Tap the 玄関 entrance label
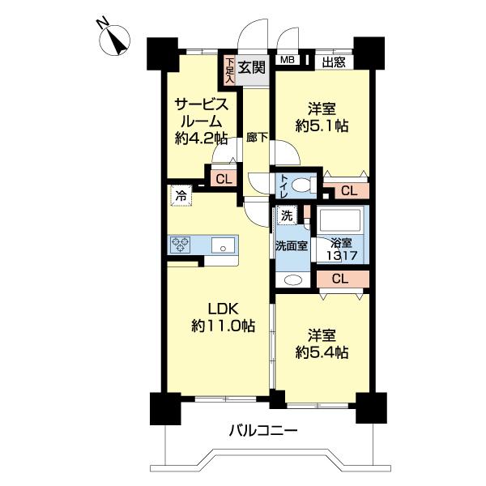coord(252,67)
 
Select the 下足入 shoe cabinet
coord(229,70)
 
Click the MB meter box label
coord(288,60)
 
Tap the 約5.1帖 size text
coord(322,127)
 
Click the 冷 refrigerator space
coord(181,195)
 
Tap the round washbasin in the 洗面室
coord(292,280)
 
